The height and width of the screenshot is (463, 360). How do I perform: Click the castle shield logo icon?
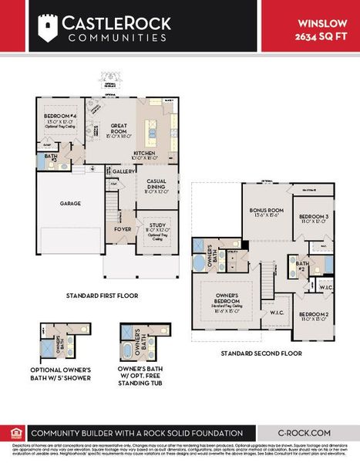click(48, 28)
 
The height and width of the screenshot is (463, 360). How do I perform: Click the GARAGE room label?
click(71, 204)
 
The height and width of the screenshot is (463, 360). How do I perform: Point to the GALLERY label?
click(124, 171)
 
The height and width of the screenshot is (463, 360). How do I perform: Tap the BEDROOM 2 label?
click(314, 314)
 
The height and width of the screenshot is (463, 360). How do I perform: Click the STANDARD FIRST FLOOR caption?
click(102, 296)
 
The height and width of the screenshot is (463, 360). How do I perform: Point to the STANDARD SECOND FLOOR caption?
click(261, 353)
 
